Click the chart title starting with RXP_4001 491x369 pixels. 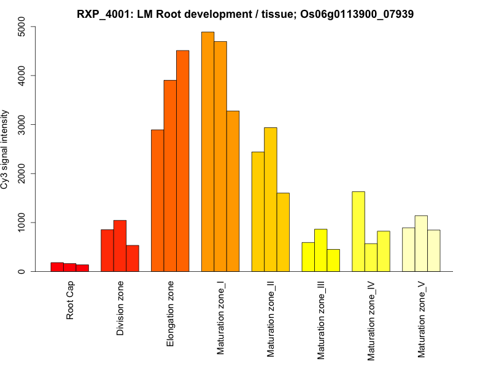(245, 14)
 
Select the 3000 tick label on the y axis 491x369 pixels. (22, 125)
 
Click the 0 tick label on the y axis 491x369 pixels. (22, 271)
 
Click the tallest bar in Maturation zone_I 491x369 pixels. (207, 151)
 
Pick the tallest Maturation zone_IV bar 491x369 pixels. (358, 231)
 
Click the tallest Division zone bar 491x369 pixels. (120, 245)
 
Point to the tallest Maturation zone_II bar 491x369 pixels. (271, 199)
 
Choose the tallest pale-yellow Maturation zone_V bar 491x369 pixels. (421, 244)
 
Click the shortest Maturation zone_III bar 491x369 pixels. (333, 260)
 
